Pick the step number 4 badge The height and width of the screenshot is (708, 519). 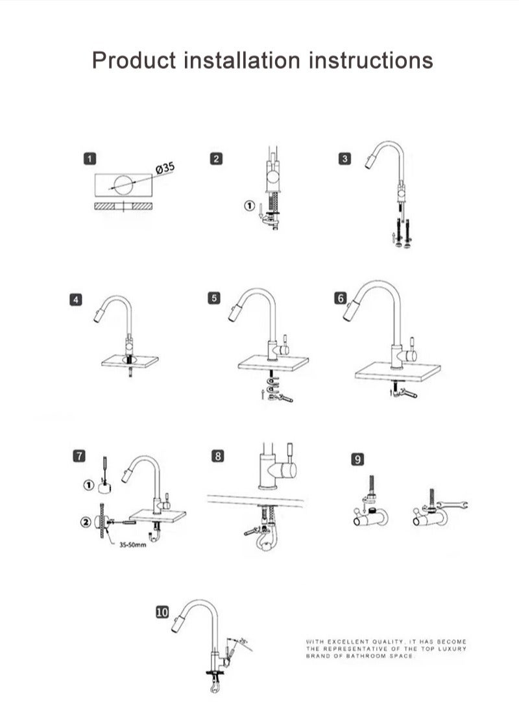(77, 299)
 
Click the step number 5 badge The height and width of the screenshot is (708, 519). (215, 298)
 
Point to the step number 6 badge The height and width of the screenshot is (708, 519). (341, 298)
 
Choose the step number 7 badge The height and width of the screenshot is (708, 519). (78, 456)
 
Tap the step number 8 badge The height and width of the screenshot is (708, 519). (218, 456)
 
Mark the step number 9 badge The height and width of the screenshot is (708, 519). (357, 459)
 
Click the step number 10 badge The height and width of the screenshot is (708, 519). (162, 612)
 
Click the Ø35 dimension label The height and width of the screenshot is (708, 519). (165, 169)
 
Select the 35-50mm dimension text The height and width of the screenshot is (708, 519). (132, 545)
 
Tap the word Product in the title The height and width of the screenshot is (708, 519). (134, 60)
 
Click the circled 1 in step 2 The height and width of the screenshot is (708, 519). (248, 206)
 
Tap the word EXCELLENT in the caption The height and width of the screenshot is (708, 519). (350, 642)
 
